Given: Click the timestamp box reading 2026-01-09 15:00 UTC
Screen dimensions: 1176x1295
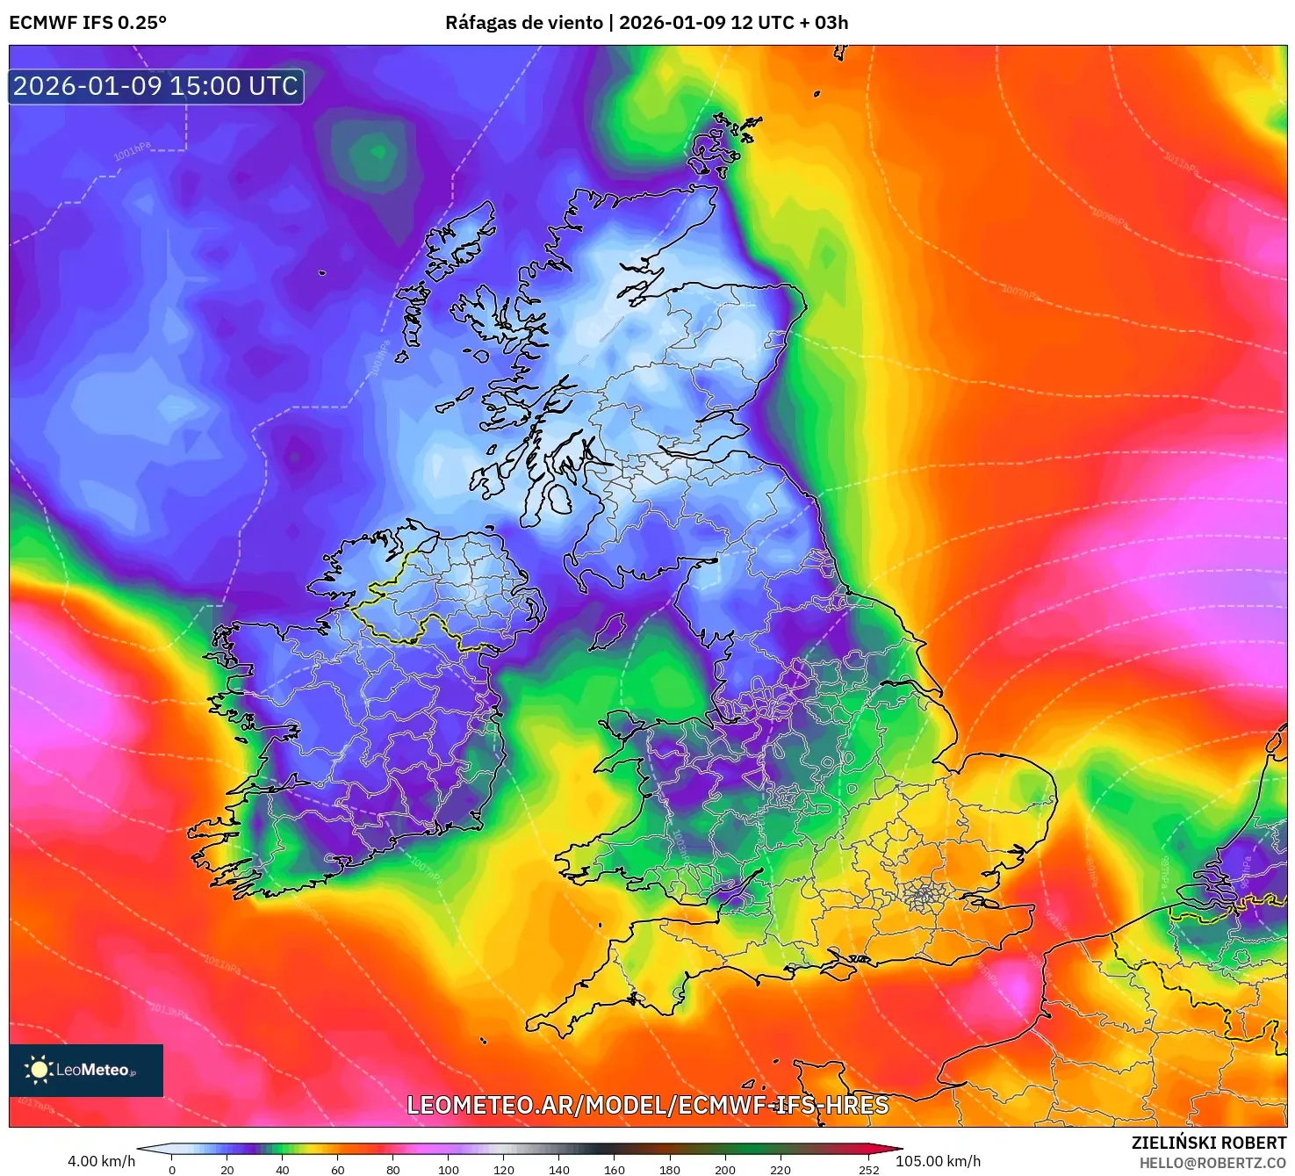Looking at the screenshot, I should (155, 86).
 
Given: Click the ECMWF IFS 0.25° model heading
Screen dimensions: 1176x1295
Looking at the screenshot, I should (88, 23).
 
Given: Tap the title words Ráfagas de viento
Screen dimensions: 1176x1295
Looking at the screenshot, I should (524, 23).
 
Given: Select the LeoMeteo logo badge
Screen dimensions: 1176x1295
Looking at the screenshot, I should (86, 1070).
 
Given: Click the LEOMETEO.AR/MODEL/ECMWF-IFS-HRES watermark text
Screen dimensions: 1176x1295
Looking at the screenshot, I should (648, 1105).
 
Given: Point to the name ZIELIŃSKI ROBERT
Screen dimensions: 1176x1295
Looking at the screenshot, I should (1208, 1143).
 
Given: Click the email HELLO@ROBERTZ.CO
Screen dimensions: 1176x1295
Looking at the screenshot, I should (1212, 1163).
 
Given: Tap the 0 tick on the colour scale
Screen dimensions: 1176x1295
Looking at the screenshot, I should (172, 1170).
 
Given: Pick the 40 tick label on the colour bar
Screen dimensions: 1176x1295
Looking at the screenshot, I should (283, 1170).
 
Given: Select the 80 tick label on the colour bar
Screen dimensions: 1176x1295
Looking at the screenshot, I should (393, 1170).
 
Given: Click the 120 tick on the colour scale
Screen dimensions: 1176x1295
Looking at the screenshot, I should (504, 1170).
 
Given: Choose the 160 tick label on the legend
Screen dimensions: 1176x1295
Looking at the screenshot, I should (615, 1170).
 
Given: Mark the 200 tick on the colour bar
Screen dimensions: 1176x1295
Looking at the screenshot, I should (725, 1170).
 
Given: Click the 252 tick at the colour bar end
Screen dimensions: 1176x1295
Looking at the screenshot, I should (869, 1170).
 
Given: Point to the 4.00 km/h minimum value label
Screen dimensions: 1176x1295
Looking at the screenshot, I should (102, 1161).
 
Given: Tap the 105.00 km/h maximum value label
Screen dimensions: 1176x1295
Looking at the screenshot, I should (938, 1161).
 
